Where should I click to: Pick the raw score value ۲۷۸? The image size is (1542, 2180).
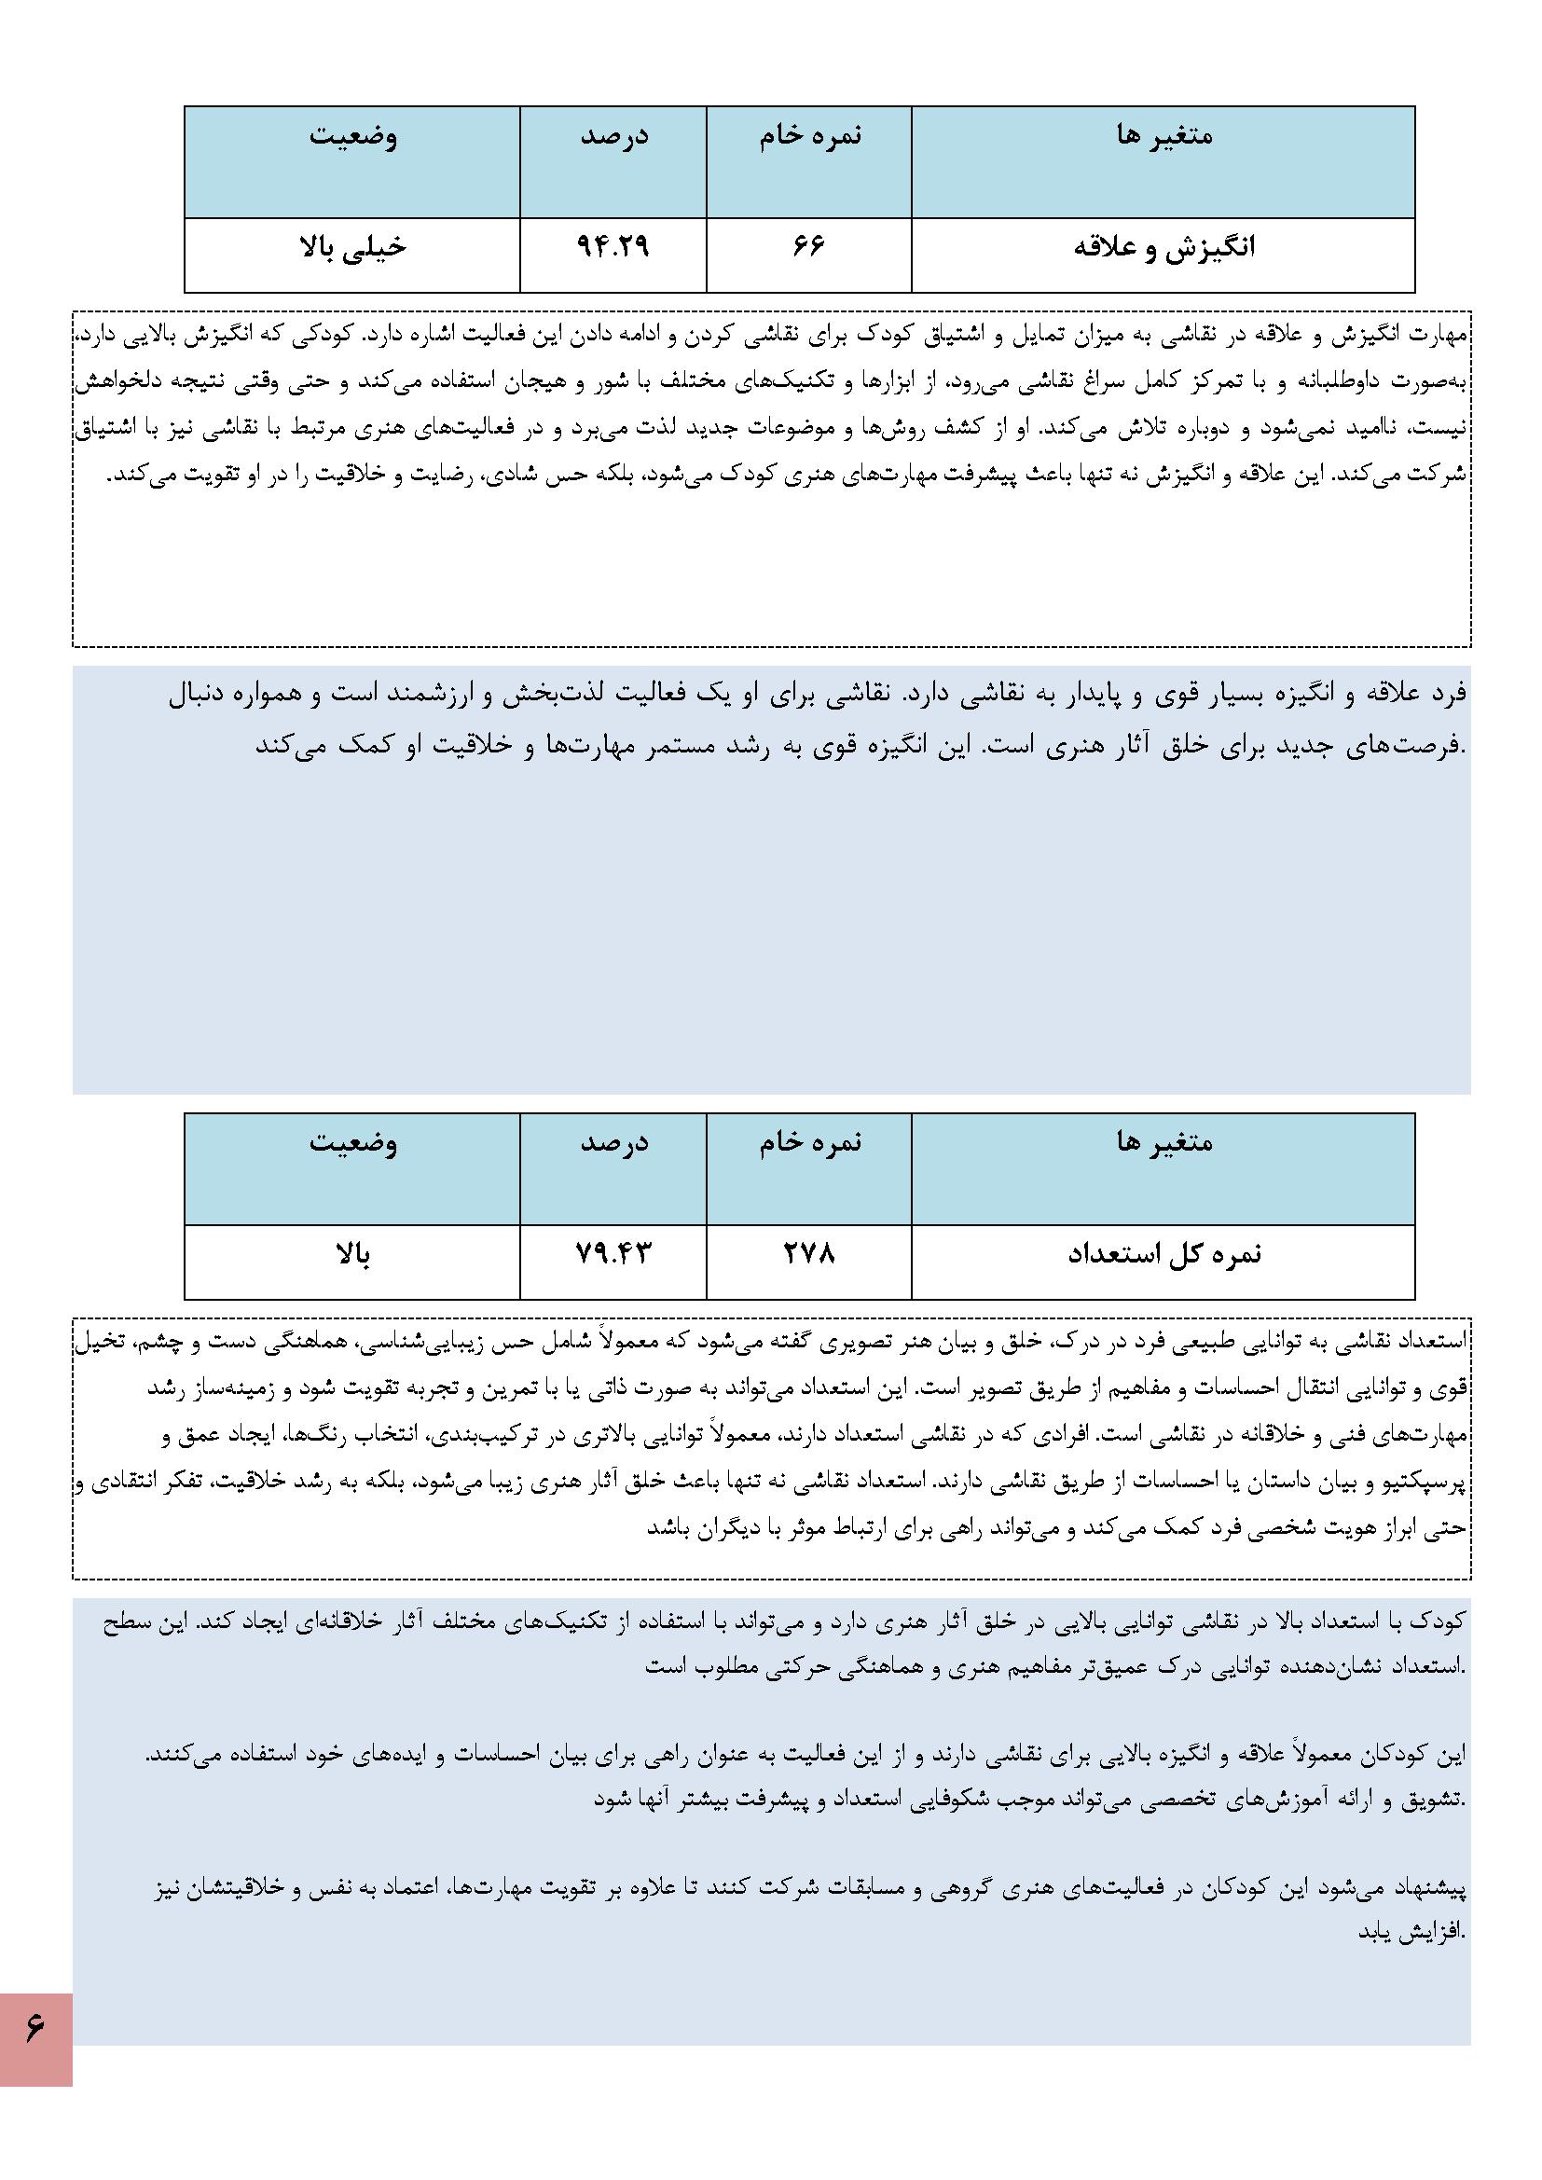click(808, 1254)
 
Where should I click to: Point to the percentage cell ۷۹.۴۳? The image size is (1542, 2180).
click(613, 1254)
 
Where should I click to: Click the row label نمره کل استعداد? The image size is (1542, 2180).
click(1164, 1254)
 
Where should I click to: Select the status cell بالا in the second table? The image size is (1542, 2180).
click(352, 1255)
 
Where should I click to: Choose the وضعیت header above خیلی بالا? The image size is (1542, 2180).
click(352, 136)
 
